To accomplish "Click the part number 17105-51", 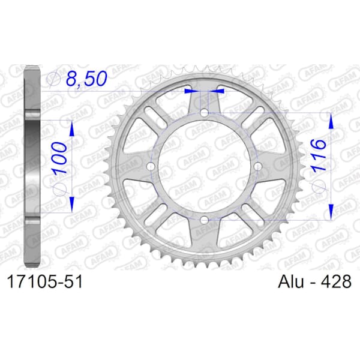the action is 45,282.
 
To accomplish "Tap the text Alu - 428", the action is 314,281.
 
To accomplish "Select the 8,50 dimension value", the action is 86,78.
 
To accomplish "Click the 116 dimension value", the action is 319,155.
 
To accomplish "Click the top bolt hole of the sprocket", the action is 204,113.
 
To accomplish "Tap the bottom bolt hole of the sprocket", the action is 204,220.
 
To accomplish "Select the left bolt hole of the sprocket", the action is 151,166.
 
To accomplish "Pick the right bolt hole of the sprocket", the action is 258,166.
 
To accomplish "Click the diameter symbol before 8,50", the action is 53,79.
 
